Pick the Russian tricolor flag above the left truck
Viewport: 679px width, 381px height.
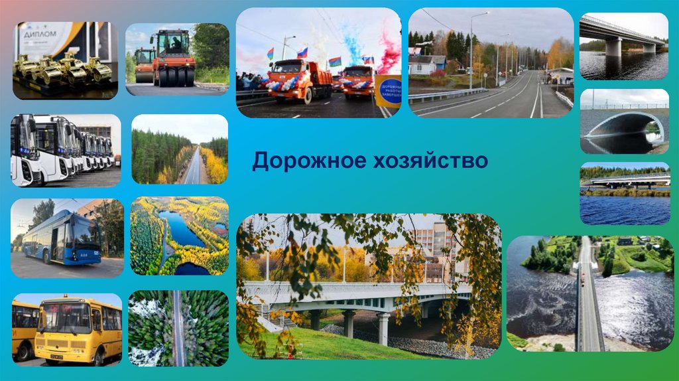coord(302,52)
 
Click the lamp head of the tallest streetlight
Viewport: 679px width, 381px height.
coord(486,13)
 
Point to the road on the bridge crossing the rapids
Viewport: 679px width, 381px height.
coord(588,299)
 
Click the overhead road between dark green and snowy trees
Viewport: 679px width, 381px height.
coord(178,328)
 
